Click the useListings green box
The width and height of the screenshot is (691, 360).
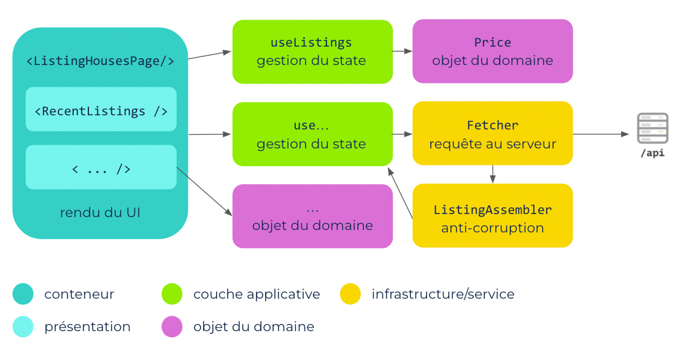click(x=312, y=52)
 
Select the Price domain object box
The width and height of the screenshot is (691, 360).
click(x=493, y=51)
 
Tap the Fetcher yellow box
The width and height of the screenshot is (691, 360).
click(x=493, y=134)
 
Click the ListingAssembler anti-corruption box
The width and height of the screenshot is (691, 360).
click(x=493, y=215)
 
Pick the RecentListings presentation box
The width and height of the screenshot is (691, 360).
click(x=101, y=109)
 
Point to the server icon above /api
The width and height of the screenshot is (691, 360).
click(x=653, y=128)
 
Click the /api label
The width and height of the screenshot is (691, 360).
click(x=653, y=153)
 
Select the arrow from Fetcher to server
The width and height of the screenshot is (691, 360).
click(x=601, y=134)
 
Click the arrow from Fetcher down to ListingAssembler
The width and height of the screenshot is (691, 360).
click(x=493, y=174)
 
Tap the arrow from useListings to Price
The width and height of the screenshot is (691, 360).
click(x=403, y=51)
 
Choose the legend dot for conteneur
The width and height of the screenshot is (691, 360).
click(x=23, y=294)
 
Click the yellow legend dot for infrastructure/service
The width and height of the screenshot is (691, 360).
click(x=350, y=294)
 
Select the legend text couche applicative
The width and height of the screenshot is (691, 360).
click(x=257, y=294)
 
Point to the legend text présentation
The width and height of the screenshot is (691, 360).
click(x=87, y=326)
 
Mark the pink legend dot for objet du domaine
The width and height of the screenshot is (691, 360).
click(x=172, y=326)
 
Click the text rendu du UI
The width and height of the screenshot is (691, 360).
click(x=100, y=212)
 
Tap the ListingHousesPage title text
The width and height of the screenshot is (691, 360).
click(x=101, y=61)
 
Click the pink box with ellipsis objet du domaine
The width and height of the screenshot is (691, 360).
click(x=312, y=216)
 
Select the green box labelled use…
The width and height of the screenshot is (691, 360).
click(x=312, y=134)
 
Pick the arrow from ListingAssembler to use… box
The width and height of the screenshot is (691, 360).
click(x=400, y=193)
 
